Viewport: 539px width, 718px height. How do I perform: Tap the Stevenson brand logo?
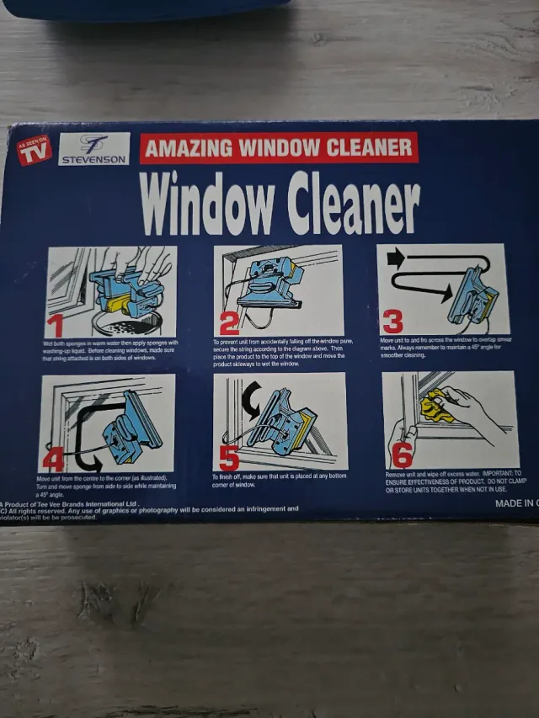click(93, 150)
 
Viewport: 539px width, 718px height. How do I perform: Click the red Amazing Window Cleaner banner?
click(279, 148)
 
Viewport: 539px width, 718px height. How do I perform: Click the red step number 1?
click(56, 324)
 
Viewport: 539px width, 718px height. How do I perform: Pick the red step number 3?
click(392, 322)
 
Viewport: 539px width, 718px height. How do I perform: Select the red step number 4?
click(52, 458)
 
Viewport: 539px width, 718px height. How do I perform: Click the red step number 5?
click(229, 457)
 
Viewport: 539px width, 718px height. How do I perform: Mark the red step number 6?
click(403, 455)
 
